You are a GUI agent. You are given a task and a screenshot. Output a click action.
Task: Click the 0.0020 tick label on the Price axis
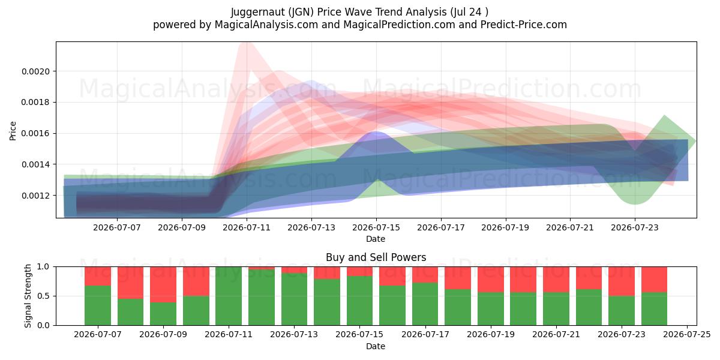(35, 71)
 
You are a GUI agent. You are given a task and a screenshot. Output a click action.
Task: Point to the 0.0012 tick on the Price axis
(35, 196)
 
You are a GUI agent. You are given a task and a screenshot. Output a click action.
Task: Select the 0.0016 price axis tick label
(35, 133)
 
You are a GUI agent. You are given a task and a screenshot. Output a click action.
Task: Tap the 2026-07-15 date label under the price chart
(376, 227)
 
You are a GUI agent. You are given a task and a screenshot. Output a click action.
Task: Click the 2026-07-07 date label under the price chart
(117, 227)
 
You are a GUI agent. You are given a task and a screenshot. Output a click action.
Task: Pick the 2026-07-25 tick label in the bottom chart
(687, 335)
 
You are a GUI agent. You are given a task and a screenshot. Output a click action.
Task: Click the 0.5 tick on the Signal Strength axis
(43, 296)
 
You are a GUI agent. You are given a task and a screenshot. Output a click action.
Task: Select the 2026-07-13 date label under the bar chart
(294, 335)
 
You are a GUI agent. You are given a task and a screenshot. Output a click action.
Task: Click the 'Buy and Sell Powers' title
(376, 257)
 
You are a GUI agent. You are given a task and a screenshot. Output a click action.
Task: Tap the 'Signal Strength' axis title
(28, 296)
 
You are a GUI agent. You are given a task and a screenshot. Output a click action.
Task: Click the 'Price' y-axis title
(13, 131)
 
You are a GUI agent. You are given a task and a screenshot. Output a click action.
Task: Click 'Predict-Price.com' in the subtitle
(524, 25)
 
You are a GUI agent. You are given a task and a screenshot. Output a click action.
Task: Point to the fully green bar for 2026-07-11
(229, 296)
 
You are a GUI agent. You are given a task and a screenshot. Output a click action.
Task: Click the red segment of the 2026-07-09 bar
(163, 284)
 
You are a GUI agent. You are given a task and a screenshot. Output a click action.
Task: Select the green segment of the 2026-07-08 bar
(131, 312)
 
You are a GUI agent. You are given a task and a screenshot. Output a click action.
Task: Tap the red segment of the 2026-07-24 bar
(655, 280)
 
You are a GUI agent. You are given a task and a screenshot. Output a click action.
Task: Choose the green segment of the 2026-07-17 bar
(425, 304)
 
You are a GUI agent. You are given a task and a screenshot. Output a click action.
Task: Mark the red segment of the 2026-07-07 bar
(98, 276)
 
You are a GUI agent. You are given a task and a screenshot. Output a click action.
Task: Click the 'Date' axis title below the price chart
(376, 239)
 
